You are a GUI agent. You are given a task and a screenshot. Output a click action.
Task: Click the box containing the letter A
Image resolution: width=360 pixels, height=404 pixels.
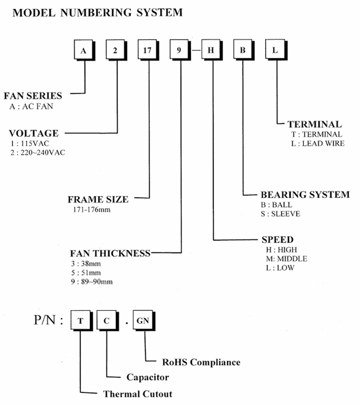pyautogui.click(x=83, y=50)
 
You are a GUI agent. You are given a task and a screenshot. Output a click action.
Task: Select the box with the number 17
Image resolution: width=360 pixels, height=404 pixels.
pyautogui.click(x=147, y=50)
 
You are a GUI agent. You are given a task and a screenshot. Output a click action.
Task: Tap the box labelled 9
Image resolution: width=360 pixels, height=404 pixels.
pyautogui.click(x=179, y=50)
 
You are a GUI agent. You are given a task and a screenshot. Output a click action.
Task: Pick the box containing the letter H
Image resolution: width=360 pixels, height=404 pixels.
pyautogui.click(x=211, y=50)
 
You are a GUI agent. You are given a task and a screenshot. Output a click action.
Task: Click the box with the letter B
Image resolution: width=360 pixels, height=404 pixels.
pyautogui.click(x=243, y=50)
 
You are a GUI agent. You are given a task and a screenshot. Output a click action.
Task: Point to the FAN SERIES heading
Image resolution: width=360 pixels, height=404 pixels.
pyautogui.click(x=33, y=96)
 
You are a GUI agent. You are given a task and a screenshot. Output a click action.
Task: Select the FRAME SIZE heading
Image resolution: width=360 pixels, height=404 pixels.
pyautogui.click(x=98, y=199)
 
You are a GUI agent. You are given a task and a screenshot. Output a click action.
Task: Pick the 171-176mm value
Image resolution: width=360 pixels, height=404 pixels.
pyautogui.click(x=91, y=210)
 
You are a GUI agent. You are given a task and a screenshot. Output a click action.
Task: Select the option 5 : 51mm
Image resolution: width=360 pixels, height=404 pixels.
pyautogui.click(x=87, y=273)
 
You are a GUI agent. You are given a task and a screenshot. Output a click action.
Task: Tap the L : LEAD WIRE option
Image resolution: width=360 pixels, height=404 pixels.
pyautogui.click(x=318, y=143)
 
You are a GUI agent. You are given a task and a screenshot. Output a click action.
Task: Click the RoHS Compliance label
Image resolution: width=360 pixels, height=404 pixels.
pyautogui.click(x=201, y=363)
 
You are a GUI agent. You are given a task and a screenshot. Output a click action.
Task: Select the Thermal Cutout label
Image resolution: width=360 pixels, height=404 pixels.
pyautogui.click(x=138, y=394)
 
